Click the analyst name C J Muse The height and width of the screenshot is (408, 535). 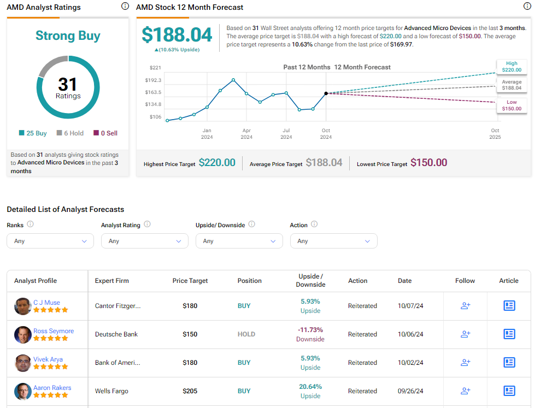click(x=46, y=303)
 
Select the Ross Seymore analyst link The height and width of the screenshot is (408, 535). click(x=53, y=331)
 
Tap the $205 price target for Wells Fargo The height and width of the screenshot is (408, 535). click(x=190, y=391)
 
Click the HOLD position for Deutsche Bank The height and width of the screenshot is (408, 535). click(x=246, y=334)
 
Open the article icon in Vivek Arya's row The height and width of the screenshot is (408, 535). click(x=509, y=363)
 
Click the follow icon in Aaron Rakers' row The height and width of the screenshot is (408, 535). click(x=466, y=391)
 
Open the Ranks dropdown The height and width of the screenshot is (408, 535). click(x=50, y=241)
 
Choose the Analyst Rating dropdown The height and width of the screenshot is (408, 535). click(x=144, y=241)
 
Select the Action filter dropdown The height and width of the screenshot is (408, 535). click(x=333, y=241)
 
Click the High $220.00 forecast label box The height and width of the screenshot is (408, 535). click(x=512, y=67)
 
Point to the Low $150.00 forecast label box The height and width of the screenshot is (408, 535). click(x=512, y=105)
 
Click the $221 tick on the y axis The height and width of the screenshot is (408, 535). click(x=155, y=68)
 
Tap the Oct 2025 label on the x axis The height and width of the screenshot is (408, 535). click(x=495, y=134)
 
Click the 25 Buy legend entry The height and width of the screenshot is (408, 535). click(x=33, y=133)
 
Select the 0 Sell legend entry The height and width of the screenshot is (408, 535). click(x=105, y=133)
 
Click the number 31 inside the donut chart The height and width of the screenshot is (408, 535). click(x=68, y=84)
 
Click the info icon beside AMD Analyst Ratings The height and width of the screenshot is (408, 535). click(x=125, y=7)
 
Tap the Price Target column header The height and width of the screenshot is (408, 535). click(x=190, y=281)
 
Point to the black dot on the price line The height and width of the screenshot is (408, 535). click(x=326, y=93)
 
